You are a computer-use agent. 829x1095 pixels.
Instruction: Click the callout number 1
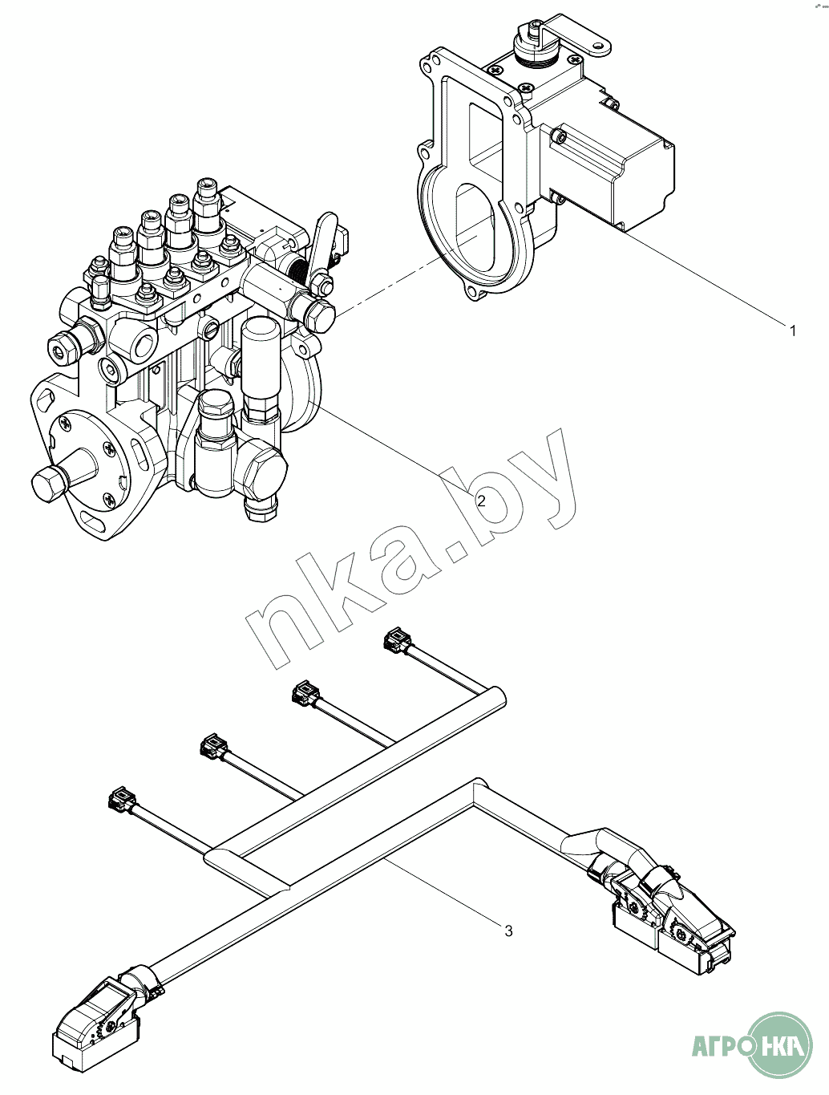(x=793, y=331)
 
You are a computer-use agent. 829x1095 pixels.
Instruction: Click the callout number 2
(x=481, y=501)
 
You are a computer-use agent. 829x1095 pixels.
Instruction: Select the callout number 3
(x=508, y=931)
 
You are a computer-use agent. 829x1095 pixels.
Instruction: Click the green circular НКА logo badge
(x=779, y=1045)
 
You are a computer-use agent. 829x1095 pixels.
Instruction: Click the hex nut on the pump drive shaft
(x=48, y=482)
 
